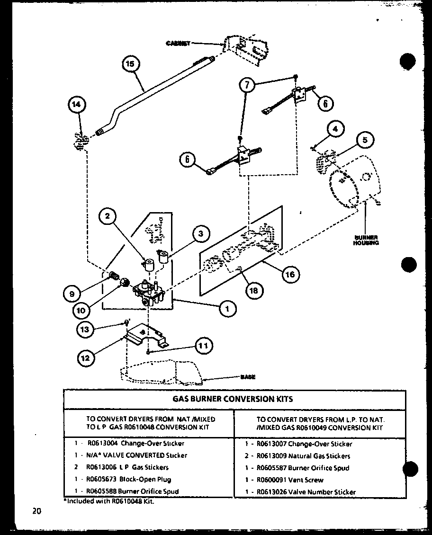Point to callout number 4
[x=335, y=129]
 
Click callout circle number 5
[x=365, y=140]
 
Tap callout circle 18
[x=253, y=290]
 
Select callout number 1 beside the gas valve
[x=227, y=309]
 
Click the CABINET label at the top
[x=178, y=43]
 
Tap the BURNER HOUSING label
[x=365, y=240]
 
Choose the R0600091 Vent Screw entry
[x=290, y=480]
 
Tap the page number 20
[x=37, y=510]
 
